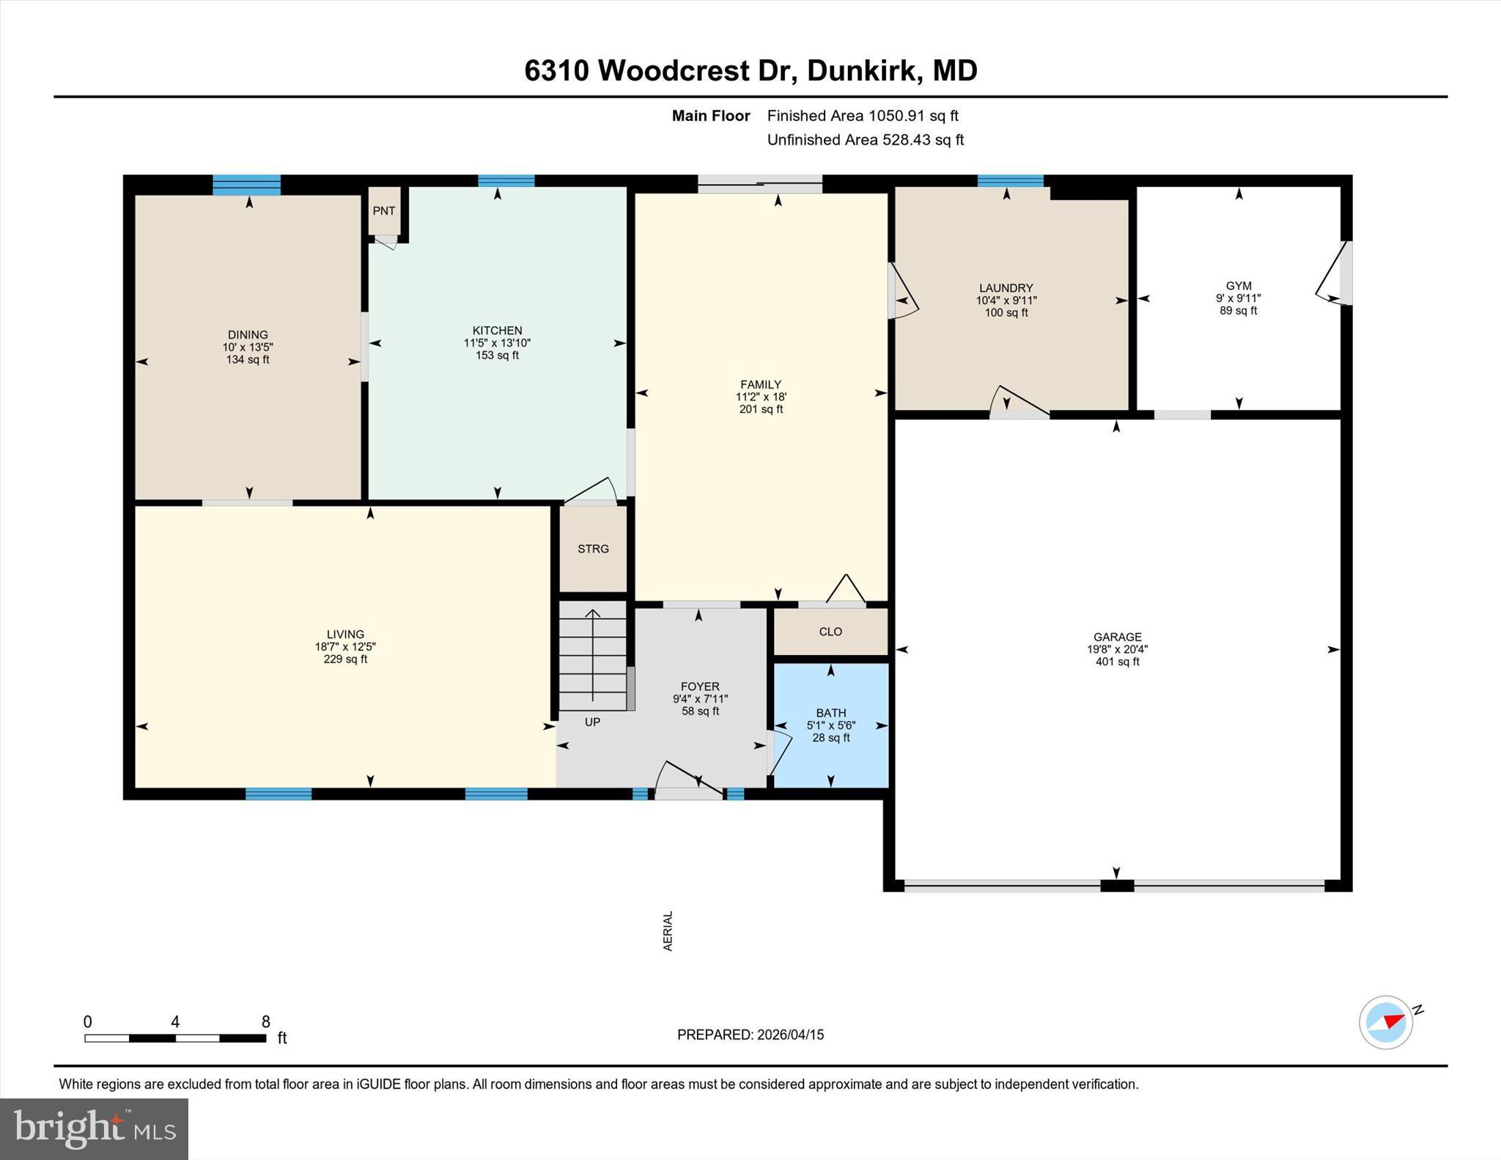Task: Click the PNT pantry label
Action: click(x=383, y=211)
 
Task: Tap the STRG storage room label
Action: click(x=593, y=549)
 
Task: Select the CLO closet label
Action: click(x=830, y=632)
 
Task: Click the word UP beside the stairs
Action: click(x=592, y=722)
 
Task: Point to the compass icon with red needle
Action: click(x=1386, y=1022)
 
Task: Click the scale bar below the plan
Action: click(x=175, y=1038)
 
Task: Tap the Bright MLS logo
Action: click(x=94, y=1128)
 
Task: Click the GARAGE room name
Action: click(x=1118, y=638)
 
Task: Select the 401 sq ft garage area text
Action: click(x=1118, y=662)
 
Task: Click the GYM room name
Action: click(x=1239, y=287)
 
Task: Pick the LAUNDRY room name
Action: click(x=1006, y=289)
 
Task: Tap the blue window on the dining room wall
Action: click(x=247, y=185)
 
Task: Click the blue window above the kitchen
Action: click(x=506, y=181)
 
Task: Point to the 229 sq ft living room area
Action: click(x=345, y=660)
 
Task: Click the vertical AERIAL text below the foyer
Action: click(x=668, y=931)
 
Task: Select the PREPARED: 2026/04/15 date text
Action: click(x=750, y=1035)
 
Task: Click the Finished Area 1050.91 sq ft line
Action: click(x=863, y=116)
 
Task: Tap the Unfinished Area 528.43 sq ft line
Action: click(x=866, y=140)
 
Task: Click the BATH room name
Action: click(x=831, y=713)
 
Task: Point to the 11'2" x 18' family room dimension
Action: click(x=761, y=397)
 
